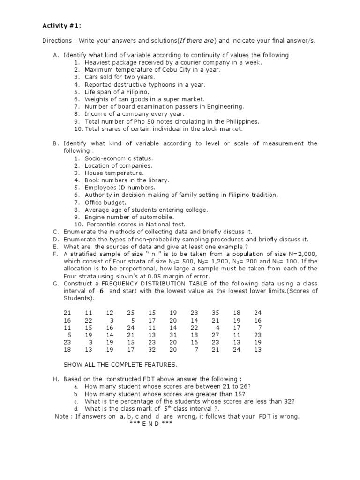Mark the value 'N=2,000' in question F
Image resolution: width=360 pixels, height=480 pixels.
pos(304,254)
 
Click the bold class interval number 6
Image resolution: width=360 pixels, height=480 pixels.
pos(100,291)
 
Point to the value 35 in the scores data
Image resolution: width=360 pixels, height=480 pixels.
pos(215,312)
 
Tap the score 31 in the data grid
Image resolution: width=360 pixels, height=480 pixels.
pos(173,335)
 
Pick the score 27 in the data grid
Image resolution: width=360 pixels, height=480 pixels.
pos(215,335)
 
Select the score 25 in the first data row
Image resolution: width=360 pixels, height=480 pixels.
pos(131,312)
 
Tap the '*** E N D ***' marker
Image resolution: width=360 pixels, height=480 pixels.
pos(151,423)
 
